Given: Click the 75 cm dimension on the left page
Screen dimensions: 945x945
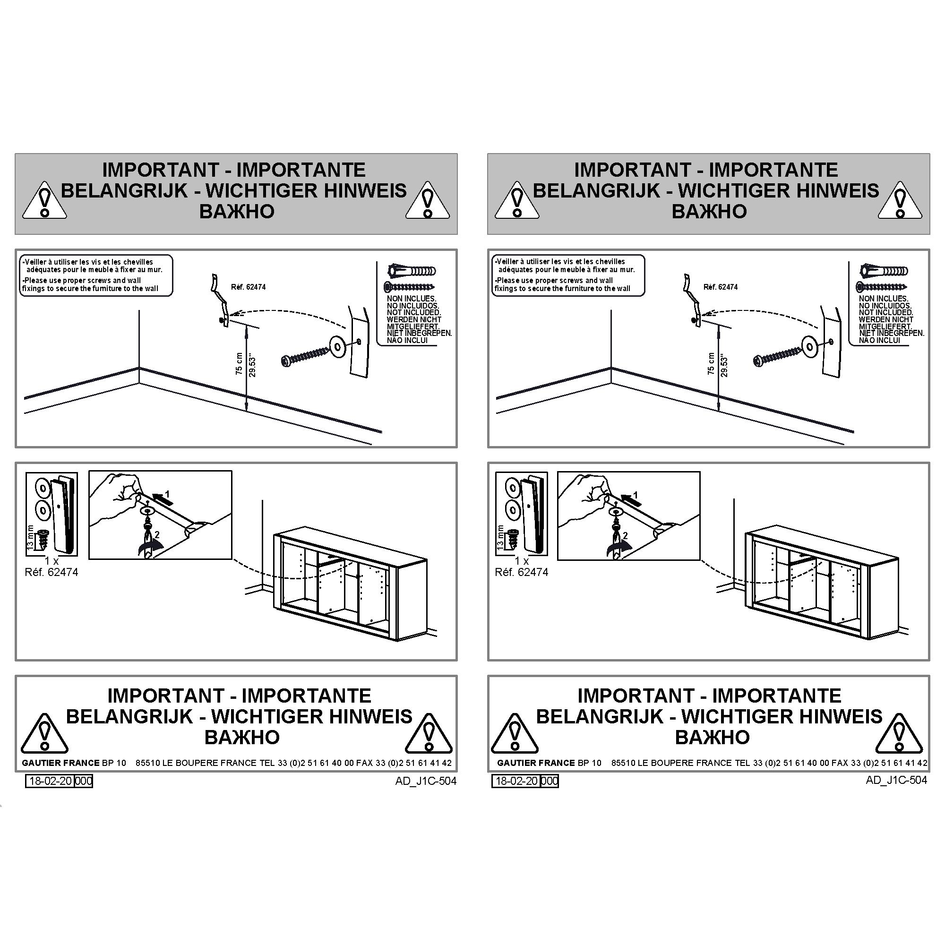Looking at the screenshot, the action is click(x=239, y=363).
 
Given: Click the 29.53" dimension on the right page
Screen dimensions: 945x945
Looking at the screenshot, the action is click(x=724, y=366).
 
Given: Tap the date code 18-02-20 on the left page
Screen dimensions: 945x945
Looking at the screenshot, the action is click(x=50, y=781).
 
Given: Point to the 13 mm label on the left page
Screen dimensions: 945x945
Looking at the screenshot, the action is click(x=30, y=539).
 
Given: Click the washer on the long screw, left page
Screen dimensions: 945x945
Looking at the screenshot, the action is click(x=337, y=345).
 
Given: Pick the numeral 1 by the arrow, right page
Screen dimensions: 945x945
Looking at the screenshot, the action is click(x=636, y=495).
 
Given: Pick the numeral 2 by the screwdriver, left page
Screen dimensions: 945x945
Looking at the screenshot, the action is click(x=157, y=535).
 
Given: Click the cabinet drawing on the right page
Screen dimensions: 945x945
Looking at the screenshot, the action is click(x=822, y=584).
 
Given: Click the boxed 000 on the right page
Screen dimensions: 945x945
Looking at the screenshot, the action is click(x=550, y=781).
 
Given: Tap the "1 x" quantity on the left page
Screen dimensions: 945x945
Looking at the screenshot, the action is click(x=52, y=560).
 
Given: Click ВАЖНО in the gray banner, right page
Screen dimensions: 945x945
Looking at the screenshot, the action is click(x=709, y=211).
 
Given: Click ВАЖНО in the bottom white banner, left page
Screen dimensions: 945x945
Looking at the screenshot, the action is click(x=242, y=737).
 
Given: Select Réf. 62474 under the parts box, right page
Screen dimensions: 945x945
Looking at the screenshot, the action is click(x=522, y=572).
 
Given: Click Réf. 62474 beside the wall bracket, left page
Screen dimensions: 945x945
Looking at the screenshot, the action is click(x=248, y=287).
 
